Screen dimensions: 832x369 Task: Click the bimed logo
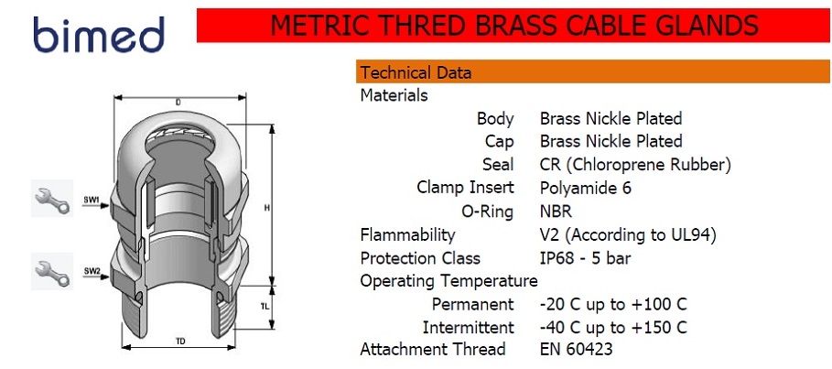98,34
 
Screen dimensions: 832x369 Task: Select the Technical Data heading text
416,72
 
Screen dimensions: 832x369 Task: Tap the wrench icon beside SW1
52,198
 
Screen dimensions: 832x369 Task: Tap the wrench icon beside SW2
52,271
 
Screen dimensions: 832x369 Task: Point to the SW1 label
92,201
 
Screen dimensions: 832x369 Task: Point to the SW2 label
92,271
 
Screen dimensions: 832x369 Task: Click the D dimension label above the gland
178,103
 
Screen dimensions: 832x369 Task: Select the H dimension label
267,209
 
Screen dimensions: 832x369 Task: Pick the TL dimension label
265,307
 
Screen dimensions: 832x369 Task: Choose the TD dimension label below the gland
180,342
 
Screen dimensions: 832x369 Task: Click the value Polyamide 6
585,189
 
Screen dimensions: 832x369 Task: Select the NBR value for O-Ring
556,212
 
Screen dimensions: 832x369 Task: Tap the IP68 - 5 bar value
585,258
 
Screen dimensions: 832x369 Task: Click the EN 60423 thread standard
577,349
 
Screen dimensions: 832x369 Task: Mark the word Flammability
407,234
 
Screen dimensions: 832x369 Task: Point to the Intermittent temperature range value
613,327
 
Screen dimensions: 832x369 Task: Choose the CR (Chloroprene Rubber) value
636,165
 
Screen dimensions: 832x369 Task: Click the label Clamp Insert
465,188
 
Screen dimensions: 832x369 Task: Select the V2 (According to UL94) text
629,234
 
